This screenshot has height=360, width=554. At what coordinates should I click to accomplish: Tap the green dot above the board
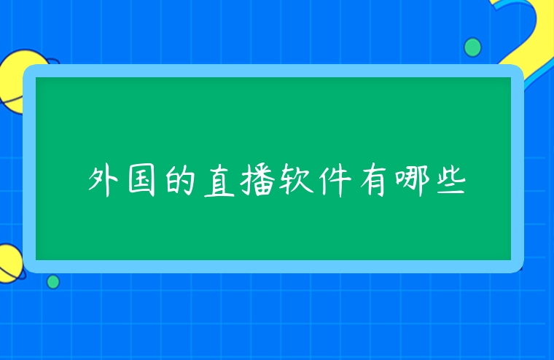[472, 47]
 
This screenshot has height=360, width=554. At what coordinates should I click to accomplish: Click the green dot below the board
[53, 281]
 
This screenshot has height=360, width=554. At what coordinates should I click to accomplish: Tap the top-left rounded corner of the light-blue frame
[31, 72]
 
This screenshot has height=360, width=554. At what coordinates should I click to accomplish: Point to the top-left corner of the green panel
[37, 79]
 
